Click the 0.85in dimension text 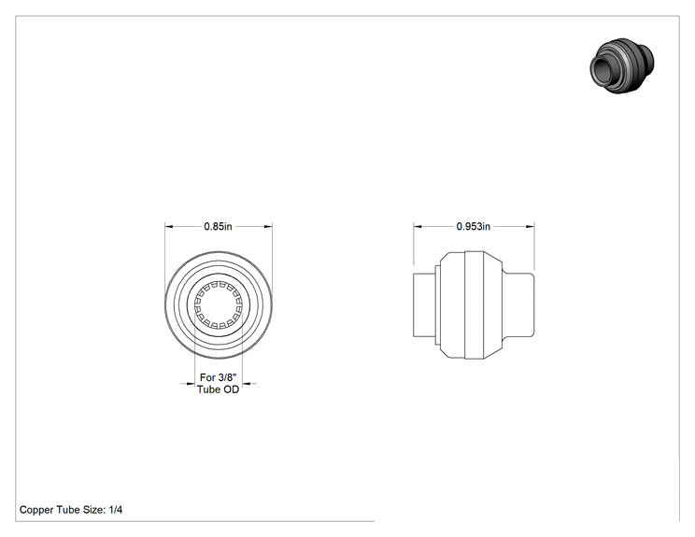click(218, 226)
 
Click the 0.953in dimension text click(474, 226)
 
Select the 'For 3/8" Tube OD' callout click(218, 383)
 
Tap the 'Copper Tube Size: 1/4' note click(71, 510)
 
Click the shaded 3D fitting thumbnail click(622, 65)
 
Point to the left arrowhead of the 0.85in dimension click(169, 226)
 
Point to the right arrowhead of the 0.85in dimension click(268, 226)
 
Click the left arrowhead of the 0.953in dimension click(418, 226)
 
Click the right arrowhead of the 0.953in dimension click(530, 226)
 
